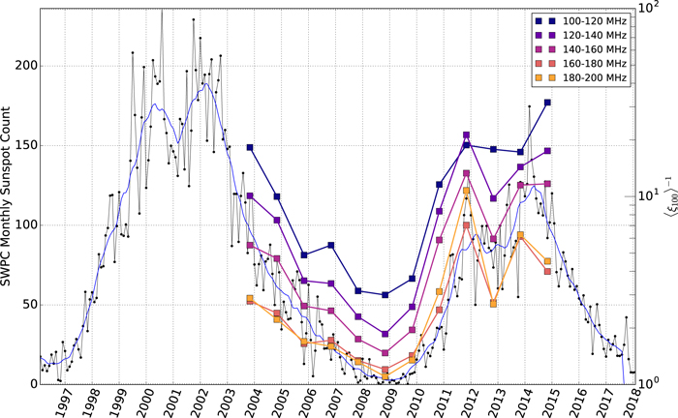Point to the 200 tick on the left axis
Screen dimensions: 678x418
[x=25, y=66]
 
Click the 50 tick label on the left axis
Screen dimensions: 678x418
[x=29, y=305]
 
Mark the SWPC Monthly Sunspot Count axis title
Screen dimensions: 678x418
[x=6, y=196]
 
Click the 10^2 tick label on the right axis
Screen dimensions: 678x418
[x=650, y=8]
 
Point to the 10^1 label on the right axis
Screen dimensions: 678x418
[x=650, y=195]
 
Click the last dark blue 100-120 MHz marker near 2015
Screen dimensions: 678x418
[x=547, y=103]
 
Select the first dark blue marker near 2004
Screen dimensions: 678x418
[x=250, y=147]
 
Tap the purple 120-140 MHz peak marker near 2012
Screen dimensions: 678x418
[x=466, y=135]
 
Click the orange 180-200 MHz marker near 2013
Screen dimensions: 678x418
[x=493, y=304]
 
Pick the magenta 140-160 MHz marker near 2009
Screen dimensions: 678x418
[x=385, y=353]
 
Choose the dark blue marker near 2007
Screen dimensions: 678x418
[x=331, y=245]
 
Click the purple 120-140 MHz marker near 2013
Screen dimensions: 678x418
[x=493, y=198]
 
